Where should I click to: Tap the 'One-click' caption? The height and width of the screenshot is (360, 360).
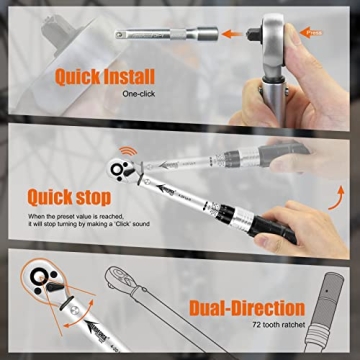[139, 95]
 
